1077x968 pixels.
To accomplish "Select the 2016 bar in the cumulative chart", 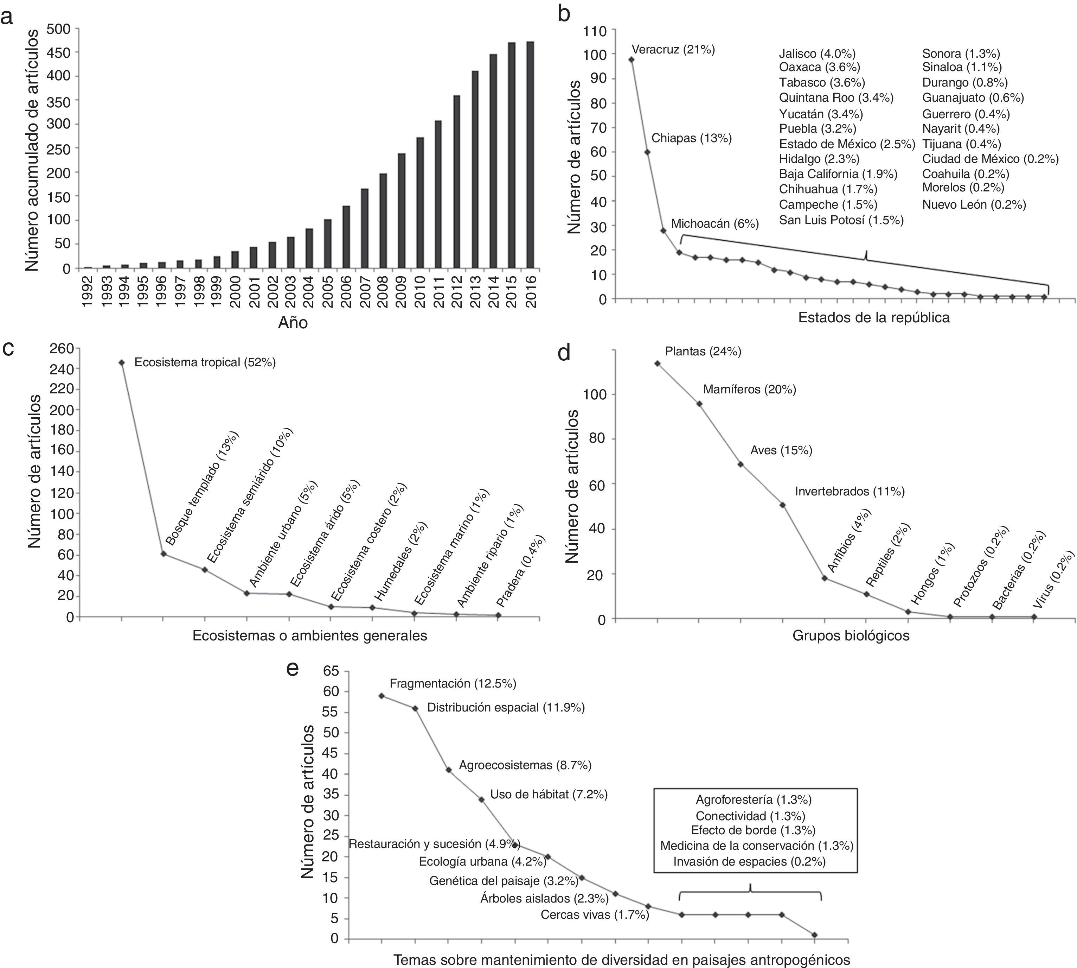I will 530,155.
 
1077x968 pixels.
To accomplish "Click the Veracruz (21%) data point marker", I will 631,59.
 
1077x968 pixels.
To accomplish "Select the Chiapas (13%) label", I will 691,138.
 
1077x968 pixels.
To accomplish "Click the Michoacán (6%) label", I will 714,223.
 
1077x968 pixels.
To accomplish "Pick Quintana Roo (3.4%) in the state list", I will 836,98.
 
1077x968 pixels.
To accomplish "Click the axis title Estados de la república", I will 873,317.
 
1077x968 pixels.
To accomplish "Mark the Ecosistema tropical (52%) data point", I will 122,363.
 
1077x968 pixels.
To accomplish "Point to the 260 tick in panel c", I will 61,348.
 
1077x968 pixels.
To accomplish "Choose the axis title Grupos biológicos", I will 851,635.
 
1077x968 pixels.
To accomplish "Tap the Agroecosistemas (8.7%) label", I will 525,765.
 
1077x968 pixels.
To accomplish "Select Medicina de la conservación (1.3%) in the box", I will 756,846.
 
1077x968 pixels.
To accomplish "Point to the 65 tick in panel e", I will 331,671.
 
